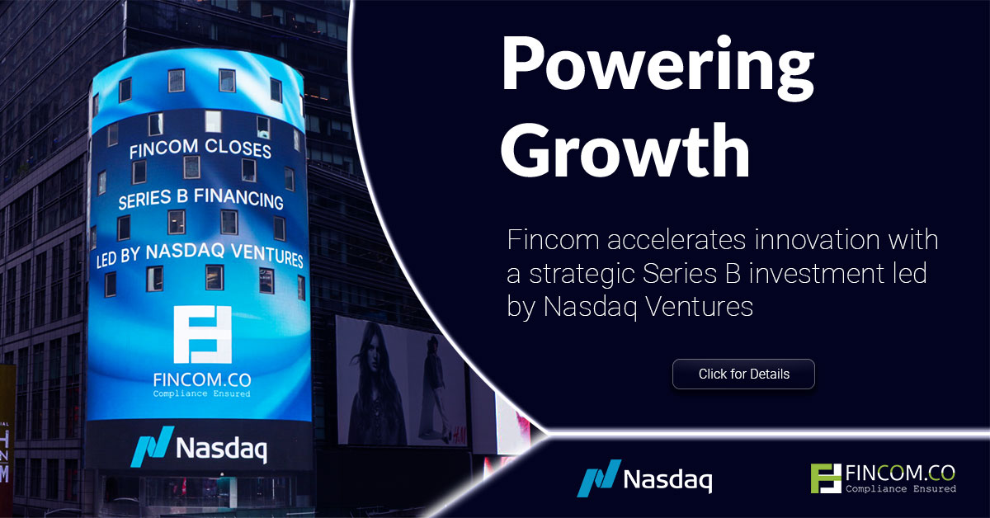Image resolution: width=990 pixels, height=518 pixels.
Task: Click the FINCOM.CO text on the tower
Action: point(200,379)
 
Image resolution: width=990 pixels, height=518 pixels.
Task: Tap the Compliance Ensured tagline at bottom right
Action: point(901,489)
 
